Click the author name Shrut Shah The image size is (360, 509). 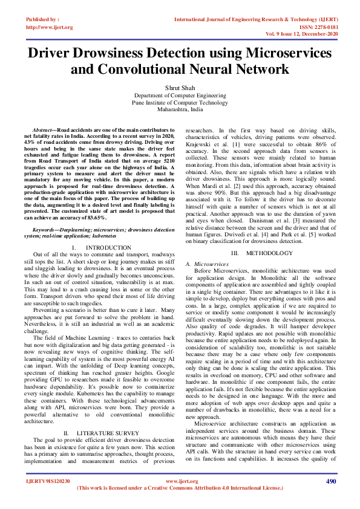(180, 88)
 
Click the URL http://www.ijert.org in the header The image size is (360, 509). (50, 27)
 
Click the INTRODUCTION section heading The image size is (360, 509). (108, 248)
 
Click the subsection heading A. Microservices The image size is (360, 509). (207, 264)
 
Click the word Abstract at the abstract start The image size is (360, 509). (42, 130)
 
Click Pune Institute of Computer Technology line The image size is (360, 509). (180, 103)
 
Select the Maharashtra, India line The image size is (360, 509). (180, 110)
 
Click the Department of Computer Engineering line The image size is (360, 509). (180, 96)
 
